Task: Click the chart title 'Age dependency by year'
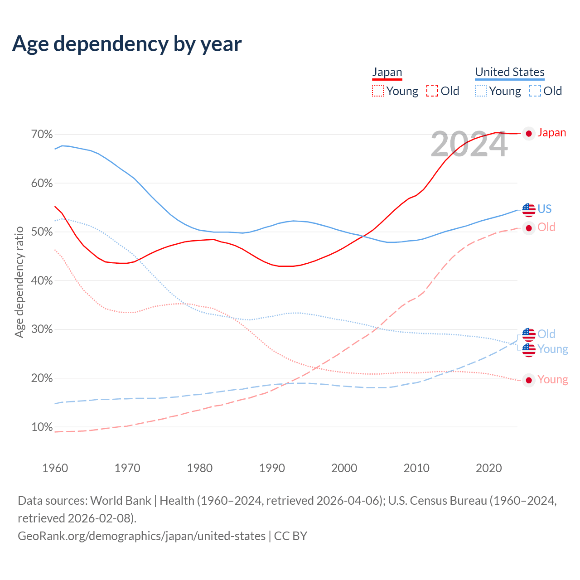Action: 127,44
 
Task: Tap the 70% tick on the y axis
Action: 42,135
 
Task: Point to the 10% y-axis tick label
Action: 42,427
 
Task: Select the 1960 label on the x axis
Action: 55,468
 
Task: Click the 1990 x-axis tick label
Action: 272,468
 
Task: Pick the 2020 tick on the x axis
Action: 488,468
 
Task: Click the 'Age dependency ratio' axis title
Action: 19,282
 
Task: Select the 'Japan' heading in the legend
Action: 387,72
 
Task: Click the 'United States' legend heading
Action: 510,72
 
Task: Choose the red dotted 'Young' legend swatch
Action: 377,91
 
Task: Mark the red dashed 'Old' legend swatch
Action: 432,91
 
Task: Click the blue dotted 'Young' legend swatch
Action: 481,91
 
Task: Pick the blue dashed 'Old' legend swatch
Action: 535,91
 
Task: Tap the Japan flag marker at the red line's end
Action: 529,133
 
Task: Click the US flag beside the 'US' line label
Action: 529,209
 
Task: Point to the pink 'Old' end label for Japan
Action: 546,227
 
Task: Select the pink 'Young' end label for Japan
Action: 553,380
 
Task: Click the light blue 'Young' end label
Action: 553,349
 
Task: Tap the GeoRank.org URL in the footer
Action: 142,536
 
